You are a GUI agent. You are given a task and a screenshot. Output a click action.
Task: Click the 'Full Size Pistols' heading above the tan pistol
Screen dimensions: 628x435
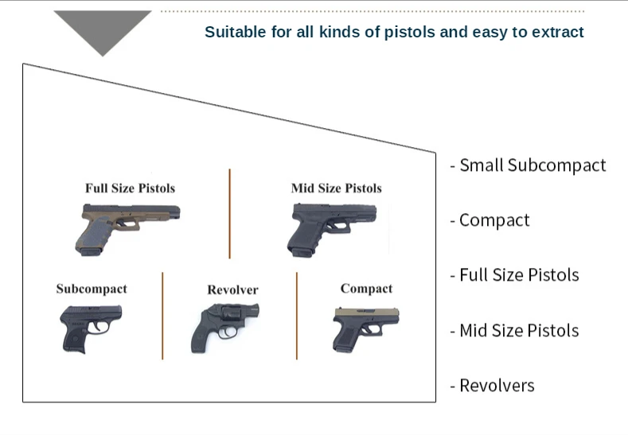point(130,188)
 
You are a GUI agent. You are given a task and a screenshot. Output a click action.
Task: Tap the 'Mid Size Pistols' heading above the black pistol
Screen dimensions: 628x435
point(336,188)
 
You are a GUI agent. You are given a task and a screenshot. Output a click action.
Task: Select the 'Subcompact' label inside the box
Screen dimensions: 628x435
point(91,289)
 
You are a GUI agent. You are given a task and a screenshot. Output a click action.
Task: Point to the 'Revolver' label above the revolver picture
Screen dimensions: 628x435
point(232,290)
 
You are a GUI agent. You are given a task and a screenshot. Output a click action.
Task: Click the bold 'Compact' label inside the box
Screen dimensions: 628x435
point(366,289)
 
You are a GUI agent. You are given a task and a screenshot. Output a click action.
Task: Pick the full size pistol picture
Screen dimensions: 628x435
point(127,227)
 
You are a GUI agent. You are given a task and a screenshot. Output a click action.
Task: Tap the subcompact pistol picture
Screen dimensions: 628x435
point(90,327)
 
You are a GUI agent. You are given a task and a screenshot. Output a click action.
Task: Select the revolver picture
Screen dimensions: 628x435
point(224,326)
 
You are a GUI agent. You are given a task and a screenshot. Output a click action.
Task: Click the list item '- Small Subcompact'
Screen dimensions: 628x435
point(528,165)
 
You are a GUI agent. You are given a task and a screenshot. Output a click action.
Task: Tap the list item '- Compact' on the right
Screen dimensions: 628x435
point(490,220)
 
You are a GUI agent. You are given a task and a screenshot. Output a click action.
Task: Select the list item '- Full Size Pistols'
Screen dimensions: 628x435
point(514,275)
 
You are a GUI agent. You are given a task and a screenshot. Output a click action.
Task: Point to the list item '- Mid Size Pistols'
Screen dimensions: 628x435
point(514,330)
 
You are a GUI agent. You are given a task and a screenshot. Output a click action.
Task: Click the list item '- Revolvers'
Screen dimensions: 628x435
point(492,386)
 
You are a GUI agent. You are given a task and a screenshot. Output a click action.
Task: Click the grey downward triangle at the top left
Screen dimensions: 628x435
point(103,28)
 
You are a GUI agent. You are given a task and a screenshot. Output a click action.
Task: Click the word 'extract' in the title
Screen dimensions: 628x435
point(559,33)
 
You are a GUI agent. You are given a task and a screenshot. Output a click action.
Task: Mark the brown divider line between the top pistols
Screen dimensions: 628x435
point(230,213)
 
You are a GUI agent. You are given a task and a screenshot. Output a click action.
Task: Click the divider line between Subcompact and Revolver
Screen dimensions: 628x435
point(162,315)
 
